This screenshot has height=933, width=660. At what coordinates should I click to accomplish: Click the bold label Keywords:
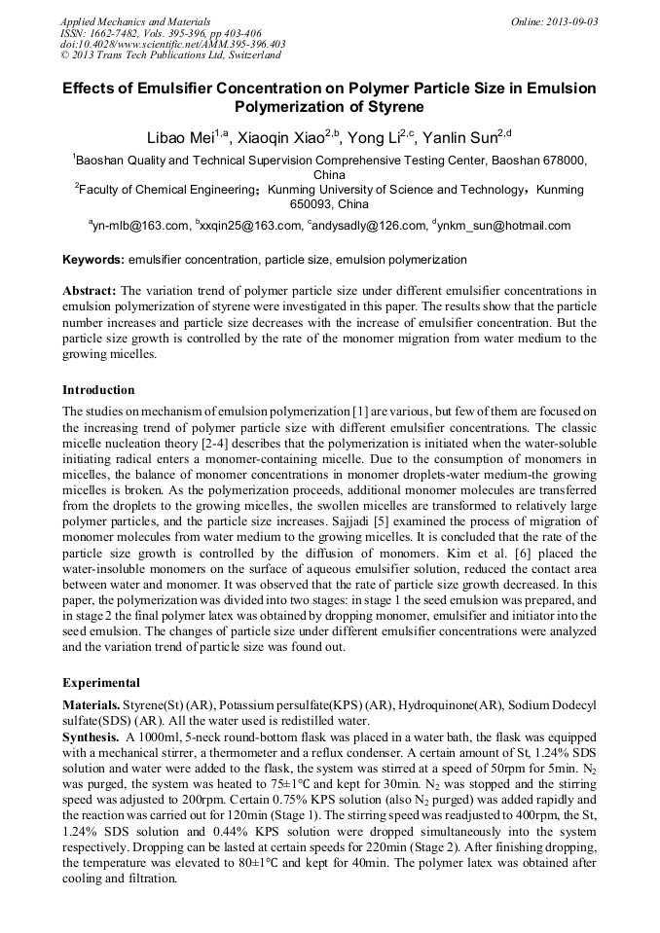coord(93,260)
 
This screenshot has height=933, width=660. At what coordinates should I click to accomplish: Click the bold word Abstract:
coord(90,291)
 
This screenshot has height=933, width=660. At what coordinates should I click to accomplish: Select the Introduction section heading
coord(98,390)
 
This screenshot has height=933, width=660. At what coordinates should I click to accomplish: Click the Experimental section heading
coord(101,682)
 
